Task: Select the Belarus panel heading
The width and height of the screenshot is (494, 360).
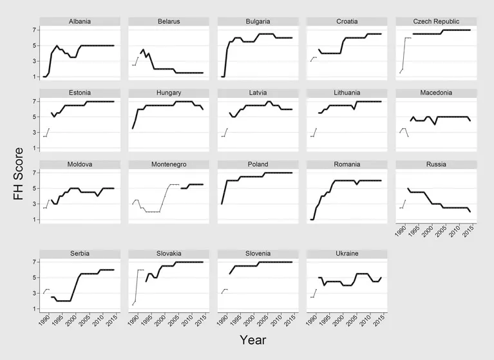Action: [168, 21]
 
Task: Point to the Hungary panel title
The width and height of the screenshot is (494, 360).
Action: [168, 93]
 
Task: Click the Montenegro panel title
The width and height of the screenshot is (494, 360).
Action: [168, 164]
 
